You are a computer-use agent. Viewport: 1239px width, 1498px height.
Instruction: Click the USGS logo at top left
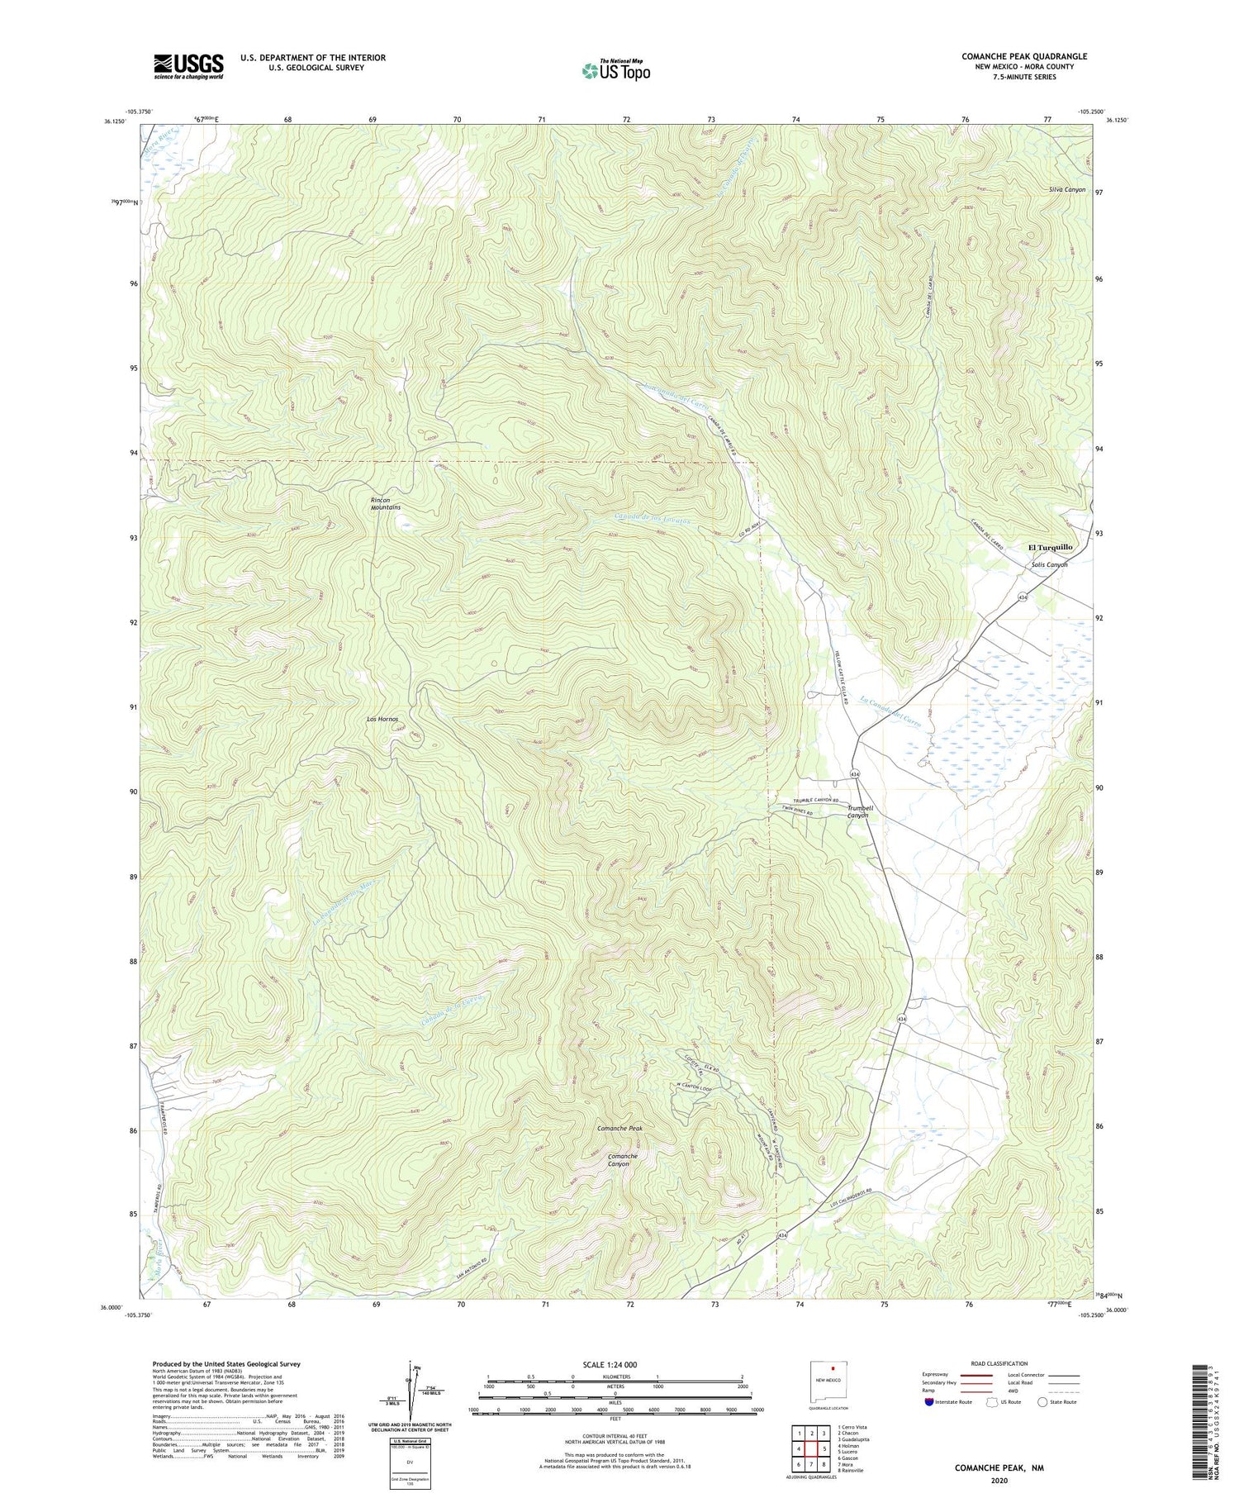[x=188, y=66]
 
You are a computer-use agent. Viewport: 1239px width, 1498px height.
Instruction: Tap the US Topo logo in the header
[x=615, y=70]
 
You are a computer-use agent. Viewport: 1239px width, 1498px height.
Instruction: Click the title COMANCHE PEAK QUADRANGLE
[x=1023, y=56]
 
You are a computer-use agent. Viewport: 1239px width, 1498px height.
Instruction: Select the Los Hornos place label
[x=382, y=719]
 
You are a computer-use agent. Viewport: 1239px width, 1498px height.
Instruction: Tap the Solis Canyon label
[x=1049, y=564]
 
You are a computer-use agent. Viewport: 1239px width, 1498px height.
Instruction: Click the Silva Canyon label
[x=1066, y=189]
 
